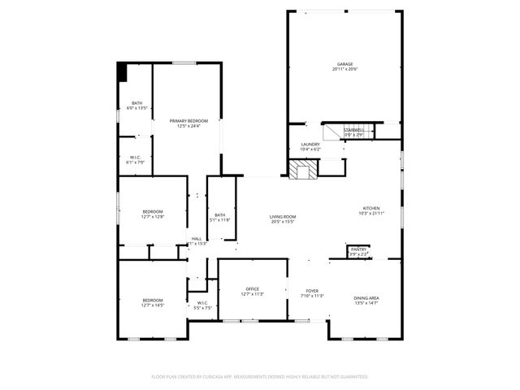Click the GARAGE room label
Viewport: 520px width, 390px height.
[345, 64]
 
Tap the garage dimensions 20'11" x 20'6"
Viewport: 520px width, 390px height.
[345, 70]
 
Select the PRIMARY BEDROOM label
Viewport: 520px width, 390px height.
[188, 120]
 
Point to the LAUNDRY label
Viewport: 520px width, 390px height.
[310, 145]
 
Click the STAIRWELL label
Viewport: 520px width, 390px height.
[353, 130]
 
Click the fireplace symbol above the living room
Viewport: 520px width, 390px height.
[303, 169]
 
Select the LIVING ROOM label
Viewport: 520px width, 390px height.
[282, 215]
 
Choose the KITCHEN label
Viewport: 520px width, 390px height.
[370, 208]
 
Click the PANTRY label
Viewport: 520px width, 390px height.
[358, 249]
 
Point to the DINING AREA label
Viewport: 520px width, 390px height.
[366, 298]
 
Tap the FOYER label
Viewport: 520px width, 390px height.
[313, 290]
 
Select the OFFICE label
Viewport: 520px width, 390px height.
[253, 289]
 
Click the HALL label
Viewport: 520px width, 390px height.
[196, 238]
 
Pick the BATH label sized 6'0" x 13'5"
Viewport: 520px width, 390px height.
[137, 102]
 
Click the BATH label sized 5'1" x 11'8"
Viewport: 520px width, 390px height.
[220, 215]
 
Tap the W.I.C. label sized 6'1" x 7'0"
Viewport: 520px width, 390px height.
[135, 158]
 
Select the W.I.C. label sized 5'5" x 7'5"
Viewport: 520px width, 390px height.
[202, 303]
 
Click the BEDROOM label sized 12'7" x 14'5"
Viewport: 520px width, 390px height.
[153, 300]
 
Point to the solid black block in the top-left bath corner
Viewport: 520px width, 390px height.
[123, 72]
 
